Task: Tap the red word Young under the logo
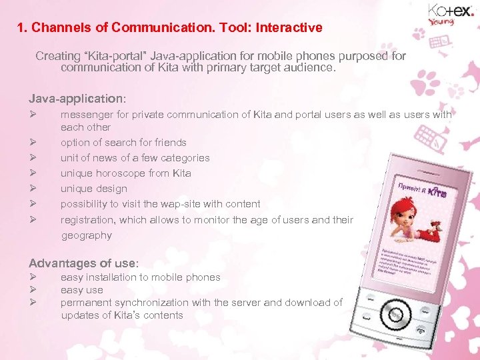(x=441, y=22)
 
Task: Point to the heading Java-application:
(x=77, y=99)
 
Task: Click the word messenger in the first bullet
(x=86, y=115)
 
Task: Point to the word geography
(x=87, y=235)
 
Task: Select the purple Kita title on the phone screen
(x=437, y=194)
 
